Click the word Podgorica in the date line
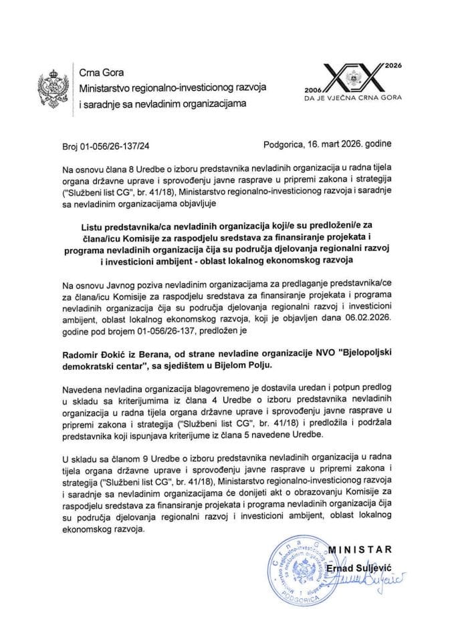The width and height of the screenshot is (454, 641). [x=286, y=143]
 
